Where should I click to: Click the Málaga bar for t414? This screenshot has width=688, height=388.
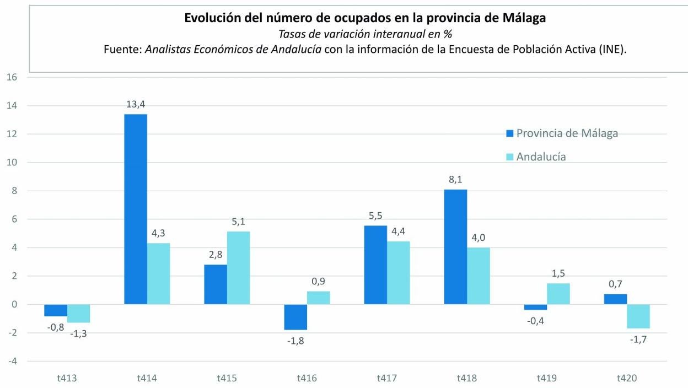point(136,209)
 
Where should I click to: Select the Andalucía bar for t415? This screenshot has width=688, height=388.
point(239,268)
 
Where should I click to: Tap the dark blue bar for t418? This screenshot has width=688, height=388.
point(456,247)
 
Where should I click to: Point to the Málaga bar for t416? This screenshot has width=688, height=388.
point(295,317)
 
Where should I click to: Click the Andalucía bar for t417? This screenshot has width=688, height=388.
point(399,273)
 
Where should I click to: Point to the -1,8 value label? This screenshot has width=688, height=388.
point(295,341)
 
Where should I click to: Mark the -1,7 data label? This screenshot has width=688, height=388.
point(639,339)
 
